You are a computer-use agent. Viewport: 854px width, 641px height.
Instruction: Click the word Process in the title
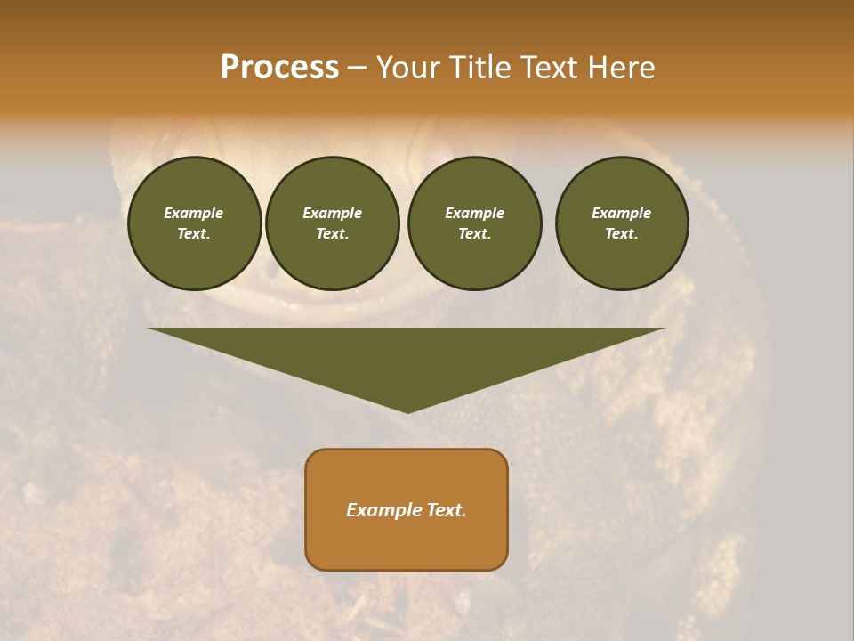(279, 68)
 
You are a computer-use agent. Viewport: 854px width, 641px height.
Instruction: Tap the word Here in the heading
(620, 68)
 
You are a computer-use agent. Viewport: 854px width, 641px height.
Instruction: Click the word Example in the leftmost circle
(194, 213)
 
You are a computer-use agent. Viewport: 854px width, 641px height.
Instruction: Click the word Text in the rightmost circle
(621, 233)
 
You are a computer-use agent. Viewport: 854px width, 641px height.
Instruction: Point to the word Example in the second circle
(332, 213)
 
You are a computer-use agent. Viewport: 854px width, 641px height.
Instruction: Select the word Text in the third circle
(474, 233)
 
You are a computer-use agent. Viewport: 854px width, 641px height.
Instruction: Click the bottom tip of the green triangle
(407, 410)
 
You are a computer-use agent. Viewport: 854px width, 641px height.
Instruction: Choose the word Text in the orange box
(445, 510)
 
